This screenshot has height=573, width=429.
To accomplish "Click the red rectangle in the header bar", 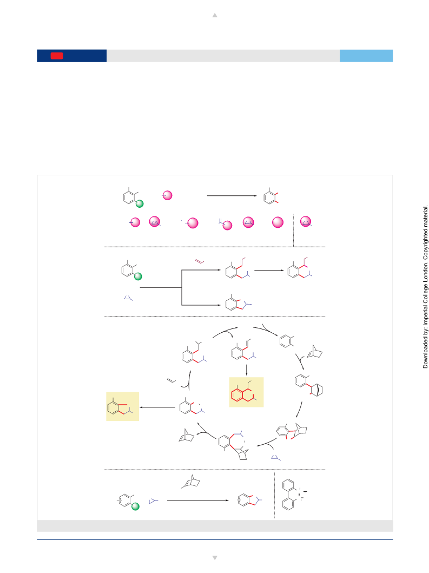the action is pos(57,56).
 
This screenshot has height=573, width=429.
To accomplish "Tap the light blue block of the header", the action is pos(366,56).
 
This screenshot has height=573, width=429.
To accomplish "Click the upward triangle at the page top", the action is pos(215,15).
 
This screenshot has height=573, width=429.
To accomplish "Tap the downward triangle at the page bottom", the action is pos(215,558).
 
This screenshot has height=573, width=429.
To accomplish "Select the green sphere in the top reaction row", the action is pos(140,203).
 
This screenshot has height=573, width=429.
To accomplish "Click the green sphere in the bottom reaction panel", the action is pos(135,506).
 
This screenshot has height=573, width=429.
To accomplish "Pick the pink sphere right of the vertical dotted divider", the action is pos(306,221).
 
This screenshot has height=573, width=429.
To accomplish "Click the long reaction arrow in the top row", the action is pos(232,195).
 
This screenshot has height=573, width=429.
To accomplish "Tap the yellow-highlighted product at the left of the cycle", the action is pos(122,406).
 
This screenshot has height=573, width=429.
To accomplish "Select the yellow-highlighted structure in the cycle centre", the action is pos(246,392).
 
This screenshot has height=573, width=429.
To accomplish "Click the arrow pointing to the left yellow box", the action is pos(157,407).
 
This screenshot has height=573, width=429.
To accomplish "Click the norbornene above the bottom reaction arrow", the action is pos(191,482).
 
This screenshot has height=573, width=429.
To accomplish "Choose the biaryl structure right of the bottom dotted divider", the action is pos(291,495).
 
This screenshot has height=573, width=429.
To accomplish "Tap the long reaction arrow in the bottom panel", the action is pos(197,500).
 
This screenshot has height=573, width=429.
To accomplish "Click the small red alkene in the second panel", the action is pos(200,262).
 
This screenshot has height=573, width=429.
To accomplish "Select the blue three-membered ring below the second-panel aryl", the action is pos(128,298).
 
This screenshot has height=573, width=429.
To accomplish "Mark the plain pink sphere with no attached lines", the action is pos(278,222).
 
